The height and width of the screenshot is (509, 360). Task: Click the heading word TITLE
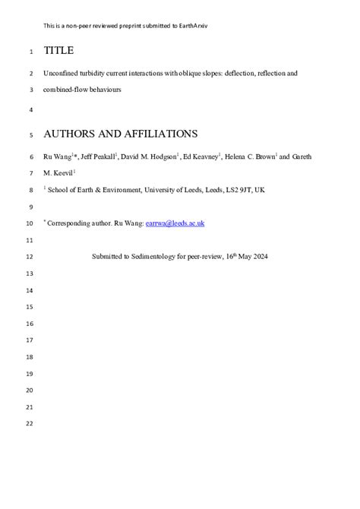58,51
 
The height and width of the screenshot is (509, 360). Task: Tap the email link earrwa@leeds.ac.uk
175,223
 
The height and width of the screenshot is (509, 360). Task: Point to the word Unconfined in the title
62,74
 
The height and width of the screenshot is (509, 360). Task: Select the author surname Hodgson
160,157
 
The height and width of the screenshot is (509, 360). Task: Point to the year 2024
259,257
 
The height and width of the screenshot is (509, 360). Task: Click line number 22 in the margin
30,423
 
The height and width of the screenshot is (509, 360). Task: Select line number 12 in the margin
30,257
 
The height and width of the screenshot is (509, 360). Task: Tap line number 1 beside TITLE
30,52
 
